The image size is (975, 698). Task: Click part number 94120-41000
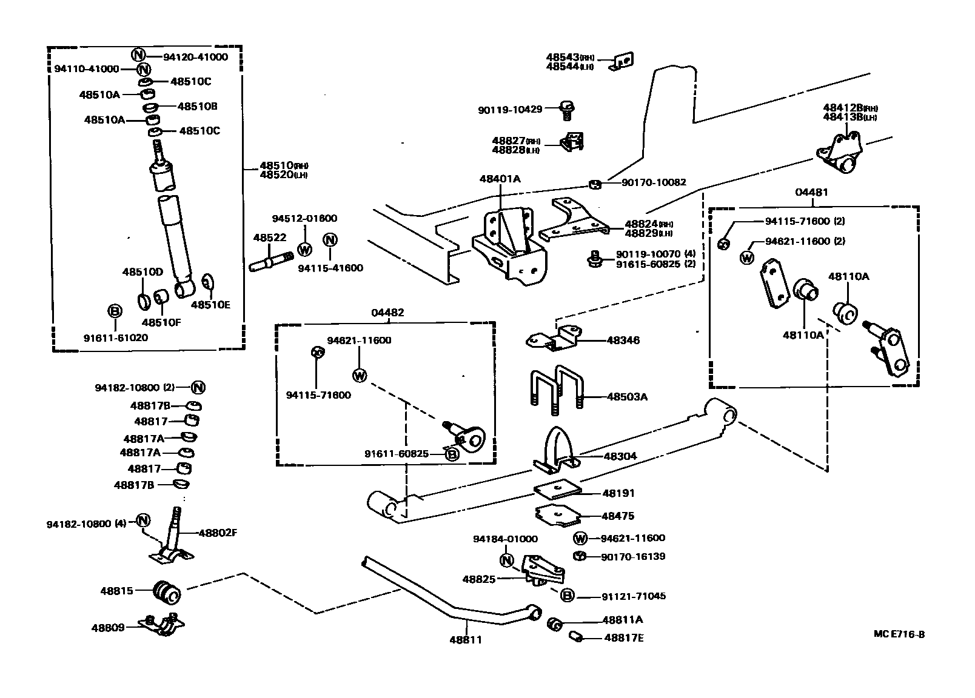pos(195,57)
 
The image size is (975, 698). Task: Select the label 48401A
pos(500,179)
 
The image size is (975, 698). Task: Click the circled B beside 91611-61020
pos(115,311)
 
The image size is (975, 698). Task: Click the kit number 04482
pos(388,313)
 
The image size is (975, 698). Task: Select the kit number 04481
pos(812,192)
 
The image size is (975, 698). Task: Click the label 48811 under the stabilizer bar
pos(465,639)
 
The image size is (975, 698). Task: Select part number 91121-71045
pos(633,596)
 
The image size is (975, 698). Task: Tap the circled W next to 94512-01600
pos(305,249)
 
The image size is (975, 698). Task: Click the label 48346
pos(623,341)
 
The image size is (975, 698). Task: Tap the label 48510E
pos(210,305)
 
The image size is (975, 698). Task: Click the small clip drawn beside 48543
pos(623,62)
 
